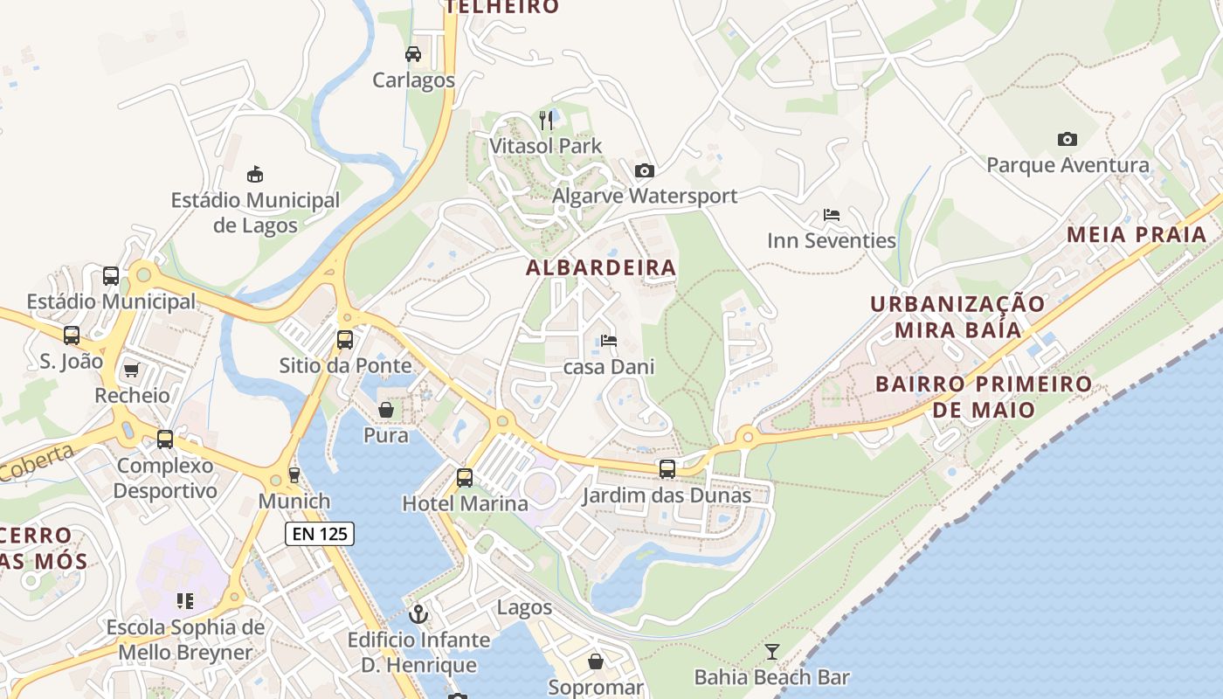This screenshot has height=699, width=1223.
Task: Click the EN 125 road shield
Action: coord(319,533)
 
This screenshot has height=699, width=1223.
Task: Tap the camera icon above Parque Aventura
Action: coord(1067,139)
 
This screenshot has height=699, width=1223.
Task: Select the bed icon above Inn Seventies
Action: coord(832,214)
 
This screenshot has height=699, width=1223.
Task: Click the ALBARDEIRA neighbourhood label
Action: coord(601,267)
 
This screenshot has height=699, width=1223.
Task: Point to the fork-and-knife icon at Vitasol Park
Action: coord(546,120)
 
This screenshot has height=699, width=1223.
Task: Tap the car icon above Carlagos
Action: coord(413,54)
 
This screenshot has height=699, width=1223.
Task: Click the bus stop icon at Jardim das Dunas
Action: coord(667,469)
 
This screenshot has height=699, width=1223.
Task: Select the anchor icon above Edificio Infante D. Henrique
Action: coord(418,614)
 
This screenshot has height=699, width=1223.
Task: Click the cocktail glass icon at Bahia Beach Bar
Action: coord(772,651)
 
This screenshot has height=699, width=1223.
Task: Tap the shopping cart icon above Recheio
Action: coord(132,370)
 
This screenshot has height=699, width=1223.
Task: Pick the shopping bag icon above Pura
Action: coord(385,409)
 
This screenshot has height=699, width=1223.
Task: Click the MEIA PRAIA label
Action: coord(1137,234)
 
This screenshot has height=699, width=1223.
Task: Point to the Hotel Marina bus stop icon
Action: coord(465,478)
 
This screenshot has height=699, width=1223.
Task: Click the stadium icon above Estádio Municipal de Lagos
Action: coord(255,174)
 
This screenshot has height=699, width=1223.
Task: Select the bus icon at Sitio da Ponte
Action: coord(345,339)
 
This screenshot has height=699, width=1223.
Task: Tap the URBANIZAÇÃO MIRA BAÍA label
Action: coord(957,316)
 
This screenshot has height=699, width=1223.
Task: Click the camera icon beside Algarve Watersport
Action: coord(645,170)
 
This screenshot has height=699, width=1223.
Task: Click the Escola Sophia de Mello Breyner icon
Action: coord(185,601)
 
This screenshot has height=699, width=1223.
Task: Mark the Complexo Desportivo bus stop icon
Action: coord(165,439)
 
